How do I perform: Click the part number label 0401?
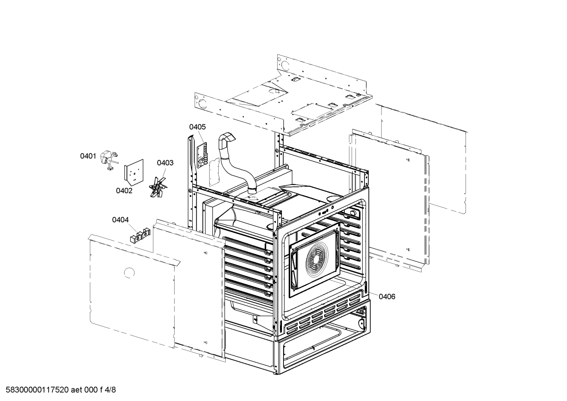pos(88,156)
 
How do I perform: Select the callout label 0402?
pos(124,191)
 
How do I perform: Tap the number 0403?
pos(165,163)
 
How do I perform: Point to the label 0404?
pos(120,220)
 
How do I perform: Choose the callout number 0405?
pos(197,127)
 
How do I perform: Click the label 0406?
pos(387,296)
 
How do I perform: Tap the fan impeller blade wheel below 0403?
pos(158,186)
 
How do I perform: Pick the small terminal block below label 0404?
pos(140,235)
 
